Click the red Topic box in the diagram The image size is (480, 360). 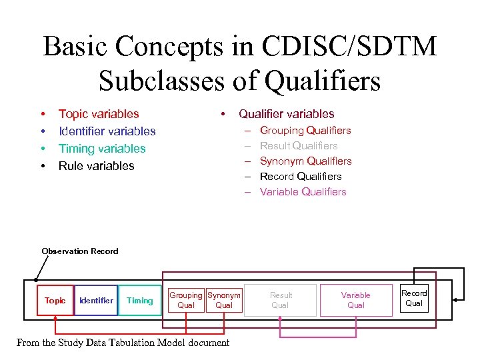coord(55,301)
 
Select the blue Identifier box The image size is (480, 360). coord(97,301)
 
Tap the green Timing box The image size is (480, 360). coord(140,301)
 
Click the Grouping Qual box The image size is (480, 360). coord(185,300)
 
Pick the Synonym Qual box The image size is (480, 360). coord(224,300)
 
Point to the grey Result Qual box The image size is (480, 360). coord(281,300)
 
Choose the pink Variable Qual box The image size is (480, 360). coord(356,300)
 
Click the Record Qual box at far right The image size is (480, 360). coord(414,298)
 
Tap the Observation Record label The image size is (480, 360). coord(80,251)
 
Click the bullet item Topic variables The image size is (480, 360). coord(99,114)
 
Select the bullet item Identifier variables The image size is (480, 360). coord(107,131)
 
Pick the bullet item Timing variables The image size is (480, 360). coord(102,149)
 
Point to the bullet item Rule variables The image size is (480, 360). coord(97,166)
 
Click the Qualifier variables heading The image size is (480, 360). coord(287,114)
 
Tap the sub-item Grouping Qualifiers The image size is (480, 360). coord(305,131)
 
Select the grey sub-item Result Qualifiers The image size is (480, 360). coord(299,146)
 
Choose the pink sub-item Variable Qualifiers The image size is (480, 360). coord(303,192)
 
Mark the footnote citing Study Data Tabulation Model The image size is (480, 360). coord(123,343)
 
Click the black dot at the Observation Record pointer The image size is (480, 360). coord(35,281)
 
